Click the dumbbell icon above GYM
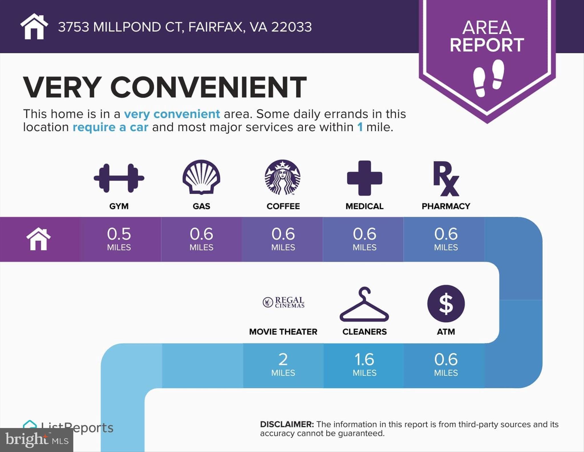(119, 178)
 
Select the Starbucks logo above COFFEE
(283, 177)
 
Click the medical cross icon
(364, 178)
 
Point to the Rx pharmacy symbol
(446, 179)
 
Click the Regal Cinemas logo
(283, 302)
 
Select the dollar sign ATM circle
(446, 303)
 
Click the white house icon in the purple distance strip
(38, 239)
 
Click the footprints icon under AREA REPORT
(488, 78)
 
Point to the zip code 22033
(291, 27)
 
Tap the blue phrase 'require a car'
(110, 127)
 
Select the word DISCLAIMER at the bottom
(287, 424)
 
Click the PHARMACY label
(446, 206)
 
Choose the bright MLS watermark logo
(37, 440)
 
